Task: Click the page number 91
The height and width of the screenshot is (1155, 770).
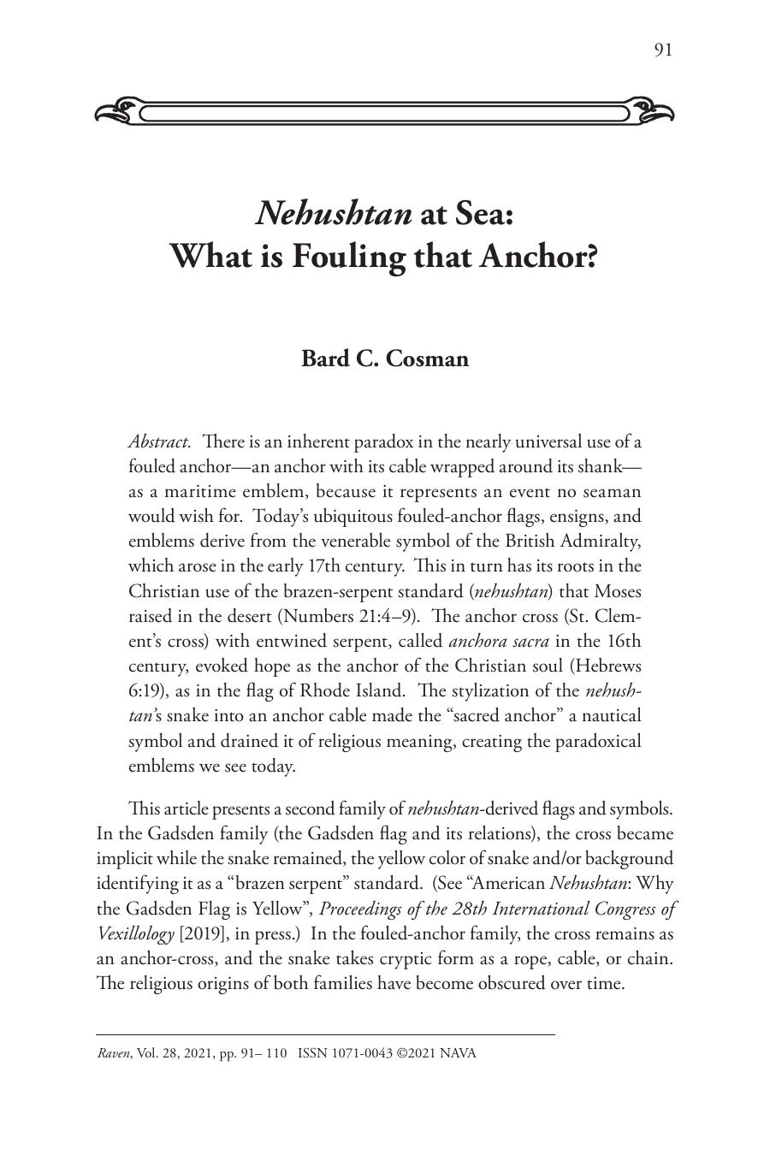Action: click(x=663, y=50)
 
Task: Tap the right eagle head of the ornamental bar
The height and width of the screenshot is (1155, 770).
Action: click(x=654, y=111)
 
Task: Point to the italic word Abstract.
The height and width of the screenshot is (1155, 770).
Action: click(x=159, y=442)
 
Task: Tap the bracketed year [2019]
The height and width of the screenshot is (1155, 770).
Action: click(x=202, y=933)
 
